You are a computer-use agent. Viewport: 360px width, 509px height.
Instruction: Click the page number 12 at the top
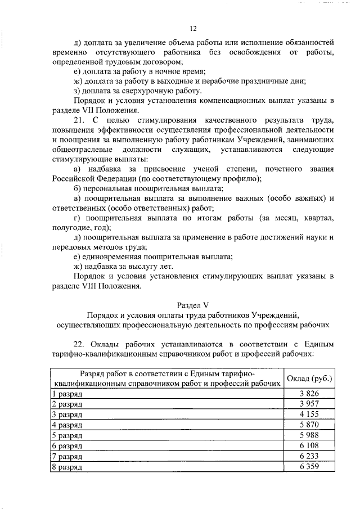pyautogui.click(x=193, y=29)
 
